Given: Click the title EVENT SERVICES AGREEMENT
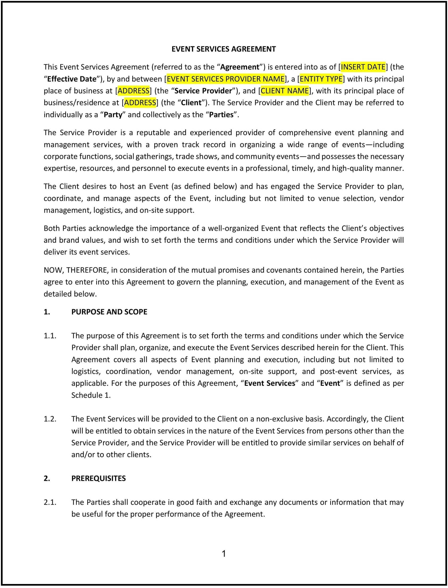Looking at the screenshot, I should coord(223,49).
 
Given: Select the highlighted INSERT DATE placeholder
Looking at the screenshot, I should coord(363,67).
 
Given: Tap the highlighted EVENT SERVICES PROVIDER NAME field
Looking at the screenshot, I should coord(226,79).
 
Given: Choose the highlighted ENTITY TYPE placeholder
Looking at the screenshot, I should coord(321,79).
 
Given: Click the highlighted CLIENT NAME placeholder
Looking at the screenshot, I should coord(284,91).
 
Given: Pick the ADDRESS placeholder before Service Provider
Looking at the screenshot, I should coord(133,91).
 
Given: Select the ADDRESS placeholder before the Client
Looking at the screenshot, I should coord(140,103).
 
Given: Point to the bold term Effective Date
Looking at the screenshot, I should coord(71,79).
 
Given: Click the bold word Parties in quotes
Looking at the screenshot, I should coord(221,115).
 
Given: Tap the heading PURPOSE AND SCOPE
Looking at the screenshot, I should coord(109,312).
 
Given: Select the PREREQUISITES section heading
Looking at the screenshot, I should coord(99,478).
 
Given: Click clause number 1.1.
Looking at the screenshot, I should coord(50,336).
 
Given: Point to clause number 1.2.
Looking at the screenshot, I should coord(50,419).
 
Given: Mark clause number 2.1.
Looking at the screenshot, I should coord(50,502).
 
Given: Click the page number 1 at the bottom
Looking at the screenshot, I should coord(224,554).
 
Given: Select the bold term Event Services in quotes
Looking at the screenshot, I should coord(270,383).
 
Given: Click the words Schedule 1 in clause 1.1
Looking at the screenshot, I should coord(91,395).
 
